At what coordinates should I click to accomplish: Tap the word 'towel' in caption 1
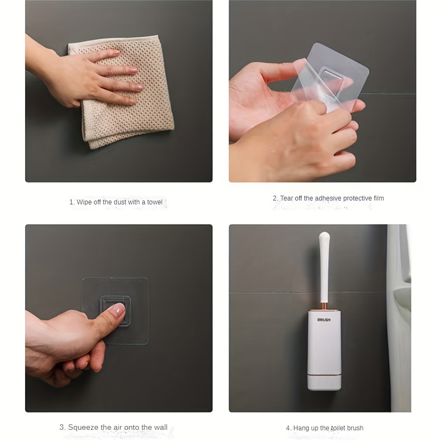point(155,202)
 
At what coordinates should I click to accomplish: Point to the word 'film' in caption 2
point(379,198)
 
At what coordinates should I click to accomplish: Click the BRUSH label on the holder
point(324,320)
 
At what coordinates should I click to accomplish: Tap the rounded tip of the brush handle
point(324,235)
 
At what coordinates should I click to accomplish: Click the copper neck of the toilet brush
point(324,306)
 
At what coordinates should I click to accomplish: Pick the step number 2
point(275,198)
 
